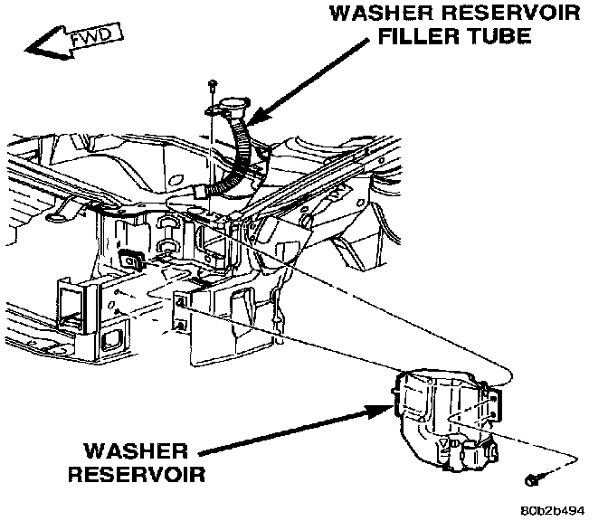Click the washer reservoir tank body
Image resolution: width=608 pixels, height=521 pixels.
coord(430,407)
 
